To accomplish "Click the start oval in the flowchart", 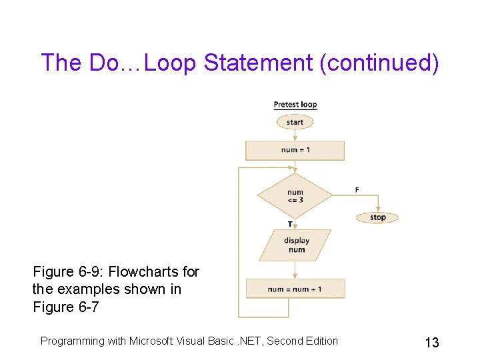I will tap(295, 123).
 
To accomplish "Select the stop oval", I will tap(377, 217).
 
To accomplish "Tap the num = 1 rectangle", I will tap(295, 150).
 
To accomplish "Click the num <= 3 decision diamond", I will tap(295, 196).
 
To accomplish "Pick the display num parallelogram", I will tap(295, 245).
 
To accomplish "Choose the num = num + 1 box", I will tap(295, 289).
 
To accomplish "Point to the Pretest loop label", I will tap(295, 105).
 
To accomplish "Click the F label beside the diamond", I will tap(357, 190).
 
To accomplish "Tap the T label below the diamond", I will tap(289, 224).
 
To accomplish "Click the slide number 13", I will tap(431, 343).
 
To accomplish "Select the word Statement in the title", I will tap(258, 63).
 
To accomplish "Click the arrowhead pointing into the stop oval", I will tap(377, 209).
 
